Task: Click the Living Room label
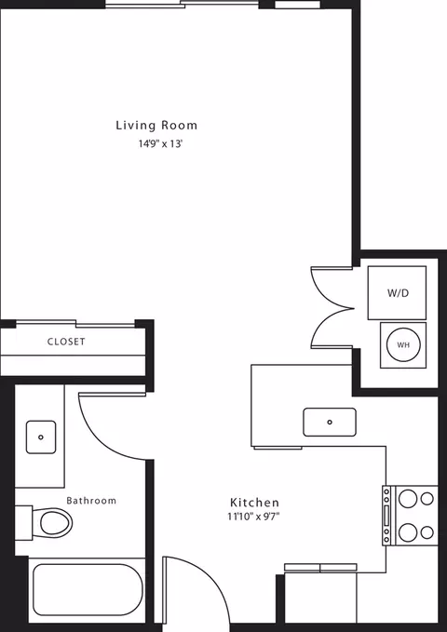pos(156,126)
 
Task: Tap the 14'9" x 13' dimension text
pos(161,144)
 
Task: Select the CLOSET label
pos(66,342)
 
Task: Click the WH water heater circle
pos(403,345)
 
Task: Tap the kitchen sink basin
pos(330,422)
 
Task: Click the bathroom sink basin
pos(41,437)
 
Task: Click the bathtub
pos(88,590)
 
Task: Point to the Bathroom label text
pos(91,501)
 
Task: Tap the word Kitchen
pos(254,503)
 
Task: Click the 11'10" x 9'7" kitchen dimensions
pos(253,517)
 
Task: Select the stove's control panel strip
pos(386,516)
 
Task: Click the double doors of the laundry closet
pos(332,308)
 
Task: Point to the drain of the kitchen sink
pos(330,422)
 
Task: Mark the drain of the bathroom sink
pos(41,437)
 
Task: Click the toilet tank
pos(23,523)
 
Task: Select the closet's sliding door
pos(75,323)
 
